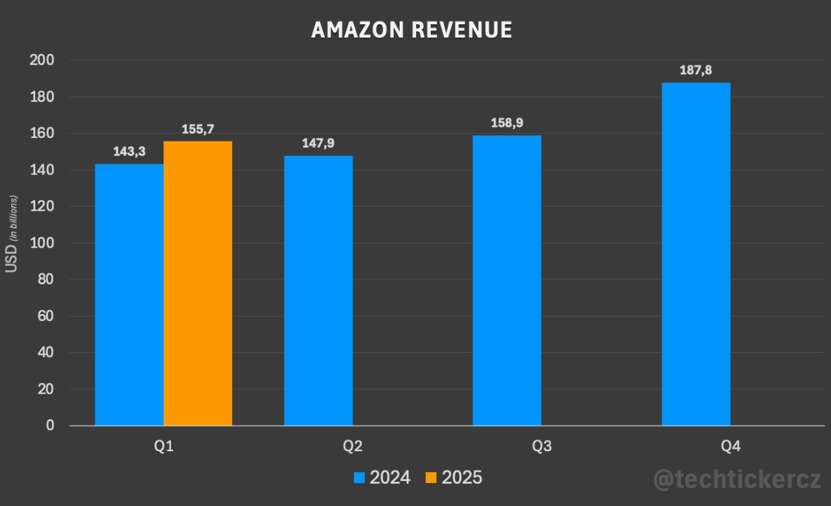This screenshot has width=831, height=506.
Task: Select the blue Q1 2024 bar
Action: (x=129, y=295)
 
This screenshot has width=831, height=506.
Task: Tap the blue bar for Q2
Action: (x=319, y=290)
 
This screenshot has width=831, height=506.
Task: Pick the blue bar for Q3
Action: (x=507, y=280)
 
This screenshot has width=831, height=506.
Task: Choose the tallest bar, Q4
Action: (x=696, y=254)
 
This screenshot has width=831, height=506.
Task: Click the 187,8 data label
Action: (x=696, y=70)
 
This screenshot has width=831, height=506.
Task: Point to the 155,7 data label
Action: (x=198, y=129)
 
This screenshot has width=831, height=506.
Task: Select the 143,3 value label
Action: (x=129, y=152)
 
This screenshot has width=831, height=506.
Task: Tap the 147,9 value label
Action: (x=319, y=143)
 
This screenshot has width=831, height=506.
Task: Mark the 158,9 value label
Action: (x=507, y=123)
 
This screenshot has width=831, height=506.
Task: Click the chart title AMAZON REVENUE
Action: (x=412, y=30)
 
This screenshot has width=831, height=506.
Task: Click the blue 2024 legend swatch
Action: (x=359, y=478)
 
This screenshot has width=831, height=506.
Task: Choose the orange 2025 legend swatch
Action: (x=431, y=478)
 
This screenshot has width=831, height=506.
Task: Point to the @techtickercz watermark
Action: (x=738, y=479)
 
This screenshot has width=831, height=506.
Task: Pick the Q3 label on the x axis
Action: (x=542, y=446)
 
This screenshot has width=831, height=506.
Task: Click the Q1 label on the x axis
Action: (x=163, y=446)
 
